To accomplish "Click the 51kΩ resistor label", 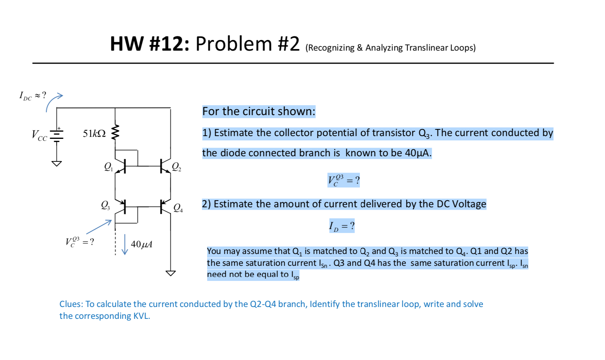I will pyautogui.click(x=94, y=134).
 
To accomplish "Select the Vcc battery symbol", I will pyautogui.click(x=57, y=135).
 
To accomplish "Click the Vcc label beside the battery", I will pyautogui.click(x=39, y=135).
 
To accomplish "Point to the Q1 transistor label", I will pyautogui.click(x=108, y=167).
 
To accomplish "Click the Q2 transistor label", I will pyautogui.click(x=176, y=167).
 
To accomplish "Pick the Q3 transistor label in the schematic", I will pyautogui.click(x=105, y=205).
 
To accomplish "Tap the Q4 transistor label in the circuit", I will pyautogui.click(x=178, y=208).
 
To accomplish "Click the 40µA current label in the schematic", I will pyautogui.click(x=142, y=244).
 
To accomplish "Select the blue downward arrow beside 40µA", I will pyautogui.click(x=125, y=244).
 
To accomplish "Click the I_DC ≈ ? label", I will pyautogui.click(x=32, y=95).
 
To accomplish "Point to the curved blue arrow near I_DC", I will pyautogui.click(x=53, y=102).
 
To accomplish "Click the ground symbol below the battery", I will pyautogui.click(x=57, y=163).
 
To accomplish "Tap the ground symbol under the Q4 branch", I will pyautogui.click(x=170, y=273).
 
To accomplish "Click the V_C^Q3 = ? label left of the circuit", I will pyautogui.click(x=79, y=242).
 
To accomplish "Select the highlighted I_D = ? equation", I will pyautogui.click(x=342, y=226).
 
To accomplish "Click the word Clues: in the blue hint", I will pyautogui.click(x=71, y=304).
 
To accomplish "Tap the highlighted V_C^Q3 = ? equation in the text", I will pyautogui.click(x=343, y=180).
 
